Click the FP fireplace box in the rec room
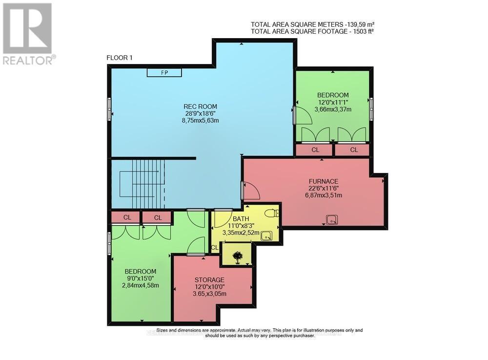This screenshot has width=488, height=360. point(164,72)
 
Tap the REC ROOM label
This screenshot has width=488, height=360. point(200,106)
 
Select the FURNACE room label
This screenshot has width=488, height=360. point(323,181)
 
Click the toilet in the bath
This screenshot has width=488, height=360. point(273,212)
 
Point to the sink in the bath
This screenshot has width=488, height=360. point(266,236)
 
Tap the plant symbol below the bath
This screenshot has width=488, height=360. point(237,256)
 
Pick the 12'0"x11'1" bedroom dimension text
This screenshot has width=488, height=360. point(333,103)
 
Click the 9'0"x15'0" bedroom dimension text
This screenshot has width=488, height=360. point(140,278)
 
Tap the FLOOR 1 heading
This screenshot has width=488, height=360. point(120,58)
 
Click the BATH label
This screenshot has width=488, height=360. point(241,218)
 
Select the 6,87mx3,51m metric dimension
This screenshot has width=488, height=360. point(323,195)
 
